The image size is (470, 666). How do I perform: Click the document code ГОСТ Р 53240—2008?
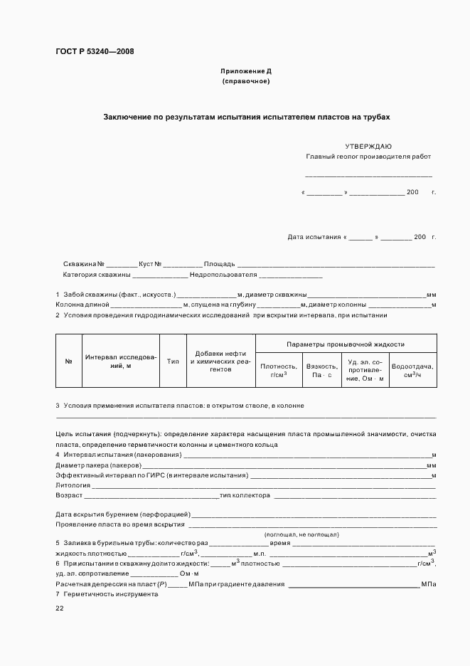point(95,51)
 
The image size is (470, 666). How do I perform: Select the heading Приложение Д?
point(246,72)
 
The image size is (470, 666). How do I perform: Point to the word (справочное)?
point(246,81)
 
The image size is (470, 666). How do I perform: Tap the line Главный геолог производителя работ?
point(368,157)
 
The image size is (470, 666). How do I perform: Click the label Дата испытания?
point(314,236)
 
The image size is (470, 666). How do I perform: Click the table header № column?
point(69,361)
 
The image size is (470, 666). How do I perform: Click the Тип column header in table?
point(173,361)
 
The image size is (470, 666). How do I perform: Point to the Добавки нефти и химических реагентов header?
point(220,361)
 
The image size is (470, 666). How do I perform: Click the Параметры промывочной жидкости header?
point(345,343)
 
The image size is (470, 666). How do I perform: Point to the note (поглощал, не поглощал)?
point(301,534)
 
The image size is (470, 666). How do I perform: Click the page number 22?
point(60,608)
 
